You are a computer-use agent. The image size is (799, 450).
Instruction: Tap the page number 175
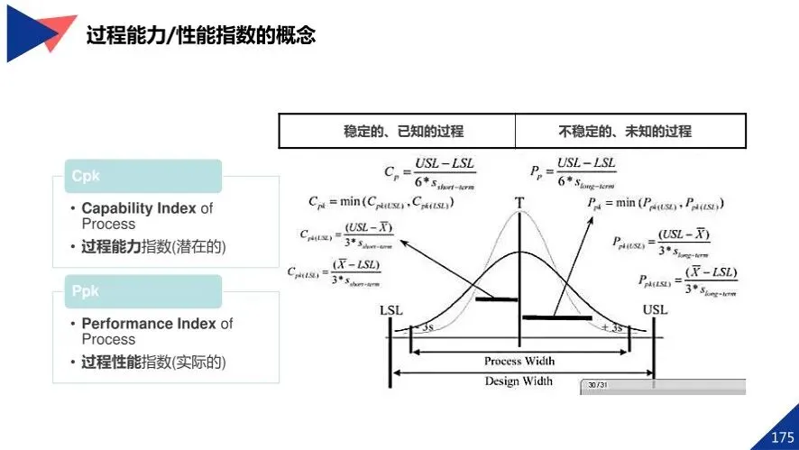point(782,437)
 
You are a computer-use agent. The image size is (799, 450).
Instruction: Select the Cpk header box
point(142,177)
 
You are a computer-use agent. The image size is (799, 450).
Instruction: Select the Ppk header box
point(142,291)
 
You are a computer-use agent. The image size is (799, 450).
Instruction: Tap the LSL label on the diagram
point(391,310)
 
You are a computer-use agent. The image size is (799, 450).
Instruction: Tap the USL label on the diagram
point(655,310)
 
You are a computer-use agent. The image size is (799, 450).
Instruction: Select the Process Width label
point(519,361)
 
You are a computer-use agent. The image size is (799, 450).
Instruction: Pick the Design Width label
point(519,381)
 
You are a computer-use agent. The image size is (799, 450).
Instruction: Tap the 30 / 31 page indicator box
point(596,385)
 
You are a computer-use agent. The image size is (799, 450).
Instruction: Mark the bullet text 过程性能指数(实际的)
point(153,362)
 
